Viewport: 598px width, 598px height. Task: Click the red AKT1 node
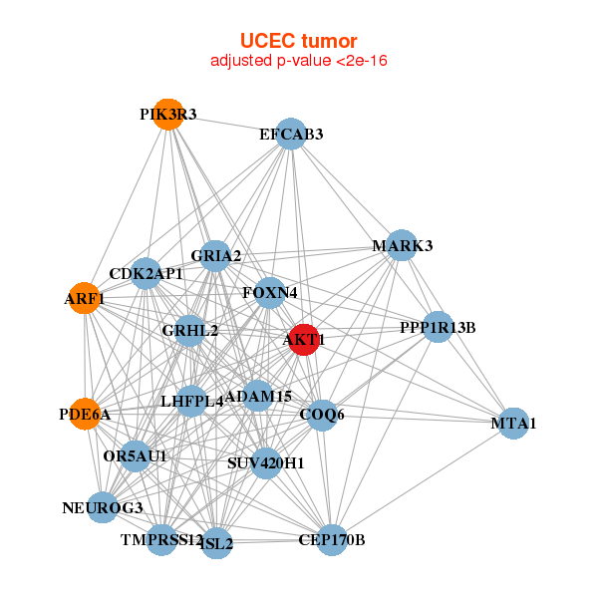click(x=303, y=340)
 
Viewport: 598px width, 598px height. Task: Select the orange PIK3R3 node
click(x=168, y=115)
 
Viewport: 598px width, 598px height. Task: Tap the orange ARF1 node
click(x=86, y=299)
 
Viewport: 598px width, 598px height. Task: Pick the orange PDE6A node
click(x=86, y=413)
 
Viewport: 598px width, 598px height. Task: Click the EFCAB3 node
click(x=290, y=134)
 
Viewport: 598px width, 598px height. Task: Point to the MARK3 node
click(x=401, y=245)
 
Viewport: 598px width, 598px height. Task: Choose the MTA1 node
click(x=512, y=424)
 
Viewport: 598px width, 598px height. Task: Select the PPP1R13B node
click(x=438, y=326)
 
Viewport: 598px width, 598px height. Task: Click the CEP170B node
click(x=331, y=540)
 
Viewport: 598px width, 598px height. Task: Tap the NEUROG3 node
click(x=103, y=507)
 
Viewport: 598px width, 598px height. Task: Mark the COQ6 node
click(x=321, y=414)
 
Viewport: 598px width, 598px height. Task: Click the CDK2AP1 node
click(x=146, y=273)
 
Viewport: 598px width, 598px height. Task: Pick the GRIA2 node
click(x=215, y=256)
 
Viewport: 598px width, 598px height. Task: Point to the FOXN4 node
click(x=269, y=293)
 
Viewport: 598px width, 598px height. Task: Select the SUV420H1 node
click(x=265, y=462)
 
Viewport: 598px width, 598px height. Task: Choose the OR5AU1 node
click(x=135, y=456)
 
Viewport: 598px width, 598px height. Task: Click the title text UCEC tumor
click(x=298, y=41)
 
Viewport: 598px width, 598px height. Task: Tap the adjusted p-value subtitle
click(x=298, y=61)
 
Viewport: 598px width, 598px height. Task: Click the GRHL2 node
click(x=189, y=330)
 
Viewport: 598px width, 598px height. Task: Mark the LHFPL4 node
click(x=191, y=402)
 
